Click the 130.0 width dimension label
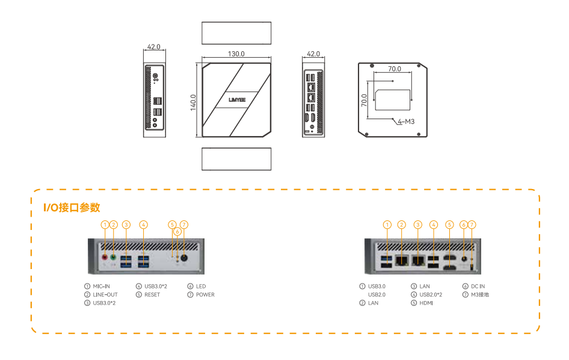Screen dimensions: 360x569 coord(236,54)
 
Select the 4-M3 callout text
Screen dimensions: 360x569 coord(407,122)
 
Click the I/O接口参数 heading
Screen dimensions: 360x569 coord(72,208)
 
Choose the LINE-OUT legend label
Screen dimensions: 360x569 coord(105,295)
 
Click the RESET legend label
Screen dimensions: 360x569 coord(152,295)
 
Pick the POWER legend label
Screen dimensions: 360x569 coord(205,295)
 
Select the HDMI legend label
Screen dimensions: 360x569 coord(426,303)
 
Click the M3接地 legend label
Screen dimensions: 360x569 coord(479,295)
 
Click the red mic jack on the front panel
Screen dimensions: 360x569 coord(105,256)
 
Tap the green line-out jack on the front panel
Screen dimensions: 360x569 coord(113,256)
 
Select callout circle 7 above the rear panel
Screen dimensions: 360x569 coord(472,225)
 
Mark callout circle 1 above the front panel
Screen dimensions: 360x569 coord(105,225)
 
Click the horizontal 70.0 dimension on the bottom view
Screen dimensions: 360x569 coord(394,69)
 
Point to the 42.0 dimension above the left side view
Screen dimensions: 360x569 coord(153,46)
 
